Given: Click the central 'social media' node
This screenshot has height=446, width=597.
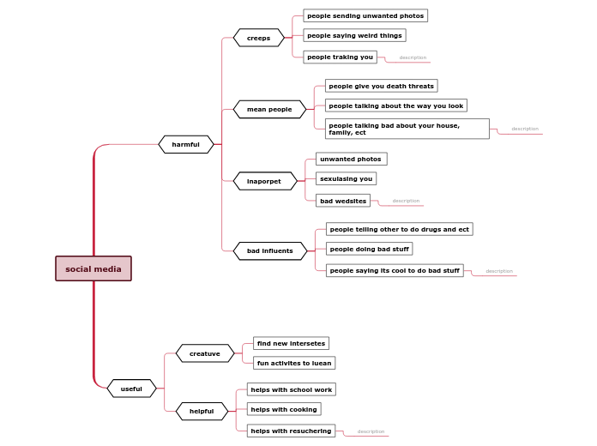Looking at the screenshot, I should [x=93, y=268].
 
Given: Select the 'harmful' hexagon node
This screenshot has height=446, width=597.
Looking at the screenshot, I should [x=185, y=144].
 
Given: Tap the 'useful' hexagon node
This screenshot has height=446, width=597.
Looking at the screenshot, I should [x=131, y=389].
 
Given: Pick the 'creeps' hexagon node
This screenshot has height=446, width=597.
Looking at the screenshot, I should [x=258, y=38].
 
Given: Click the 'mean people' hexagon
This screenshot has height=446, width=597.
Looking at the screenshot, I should [x=269, y=109].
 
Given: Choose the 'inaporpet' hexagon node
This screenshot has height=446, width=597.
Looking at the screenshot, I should [x=264, y=181].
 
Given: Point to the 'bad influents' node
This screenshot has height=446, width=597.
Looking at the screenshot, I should [x=269, y=250].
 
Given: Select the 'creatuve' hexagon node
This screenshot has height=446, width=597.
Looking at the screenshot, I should [x=205, y=353].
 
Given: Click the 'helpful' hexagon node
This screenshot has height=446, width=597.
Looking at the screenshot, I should [x=202, y=411].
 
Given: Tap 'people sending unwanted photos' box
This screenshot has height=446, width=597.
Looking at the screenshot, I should [x=365, y=15].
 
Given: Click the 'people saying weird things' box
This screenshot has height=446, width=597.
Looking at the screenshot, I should [x=354, y=35].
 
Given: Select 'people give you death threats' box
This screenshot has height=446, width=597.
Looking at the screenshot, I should [x=381, y=86].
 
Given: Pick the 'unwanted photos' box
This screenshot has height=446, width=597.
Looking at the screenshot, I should [x=351, y=159].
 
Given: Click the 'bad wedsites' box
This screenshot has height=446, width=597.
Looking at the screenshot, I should [x=343, y=201].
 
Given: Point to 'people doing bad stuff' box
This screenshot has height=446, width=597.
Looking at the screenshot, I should [x=369, y=249].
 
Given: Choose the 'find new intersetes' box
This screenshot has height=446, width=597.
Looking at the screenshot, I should [x=291, y=343].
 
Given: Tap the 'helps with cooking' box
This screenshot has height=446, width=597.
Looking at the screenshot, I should [x=284, y=409].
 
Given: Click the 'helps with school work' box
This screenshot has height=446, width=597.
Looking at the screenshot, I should [x=291, y=389].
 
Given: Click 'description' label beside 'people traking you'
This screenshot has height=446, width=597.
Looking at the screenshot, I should [x=413, y=57].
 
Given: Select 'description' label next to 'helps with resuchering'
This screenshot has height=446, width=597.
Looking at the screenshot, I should [x=371, y=431].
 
